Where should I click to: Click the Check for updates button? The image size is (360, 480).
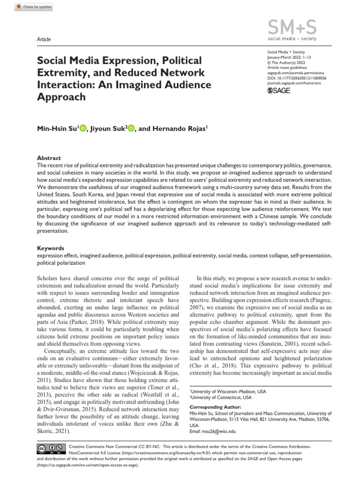point(34,7)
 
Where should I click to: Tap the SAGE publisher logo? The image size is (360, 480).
point(278,91)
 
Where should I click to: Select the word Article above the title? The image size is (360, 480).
point(44,39)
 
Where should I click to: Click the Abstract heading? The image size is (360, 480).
point(49,158)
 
